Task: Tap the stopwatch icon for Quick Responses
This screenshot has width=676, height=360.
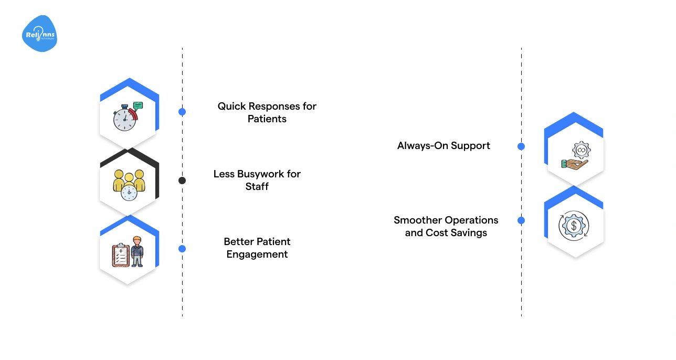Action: point(124,118)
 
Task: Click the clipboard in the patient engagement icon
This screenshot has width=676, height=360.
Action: point(121,256)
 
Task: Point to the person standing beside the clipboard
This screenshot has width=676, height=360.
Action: point(137,251)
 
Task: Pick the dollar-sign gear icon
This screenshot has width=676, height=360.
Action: point(574,226)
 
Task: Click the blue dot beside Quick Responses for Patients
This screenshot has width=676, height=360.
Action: point(182,112)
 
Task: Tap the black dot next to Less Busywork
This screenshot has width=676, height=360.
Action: point(182,181)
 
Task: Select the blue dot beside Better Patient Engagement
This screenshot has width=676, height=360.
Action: point(182,249)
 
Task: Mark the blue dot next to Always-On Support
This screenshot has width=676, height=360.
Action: point(521,146)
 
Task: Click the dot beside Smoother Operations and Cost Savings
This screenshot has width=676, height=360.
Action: point(521,220)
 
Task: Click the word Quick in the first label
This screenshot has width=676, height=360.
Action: point(230,106)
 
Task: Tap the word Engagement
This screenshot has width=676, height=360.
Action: point(257,255)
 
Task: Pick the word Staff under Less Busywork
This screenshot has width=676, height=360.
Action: point(257,186)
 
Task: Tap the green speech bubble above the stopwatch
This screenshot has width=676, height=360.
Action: point(138,105)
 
